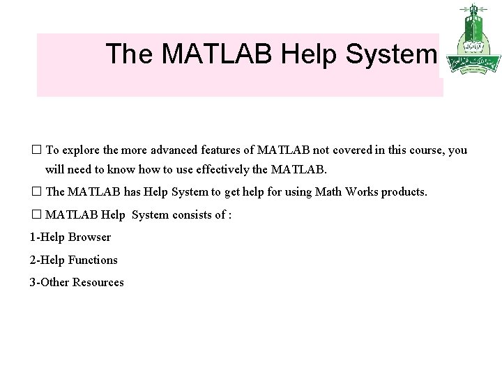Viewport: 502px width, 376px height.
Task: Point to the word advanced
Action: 165,151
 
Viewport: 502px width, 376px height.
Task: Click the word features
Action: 217,151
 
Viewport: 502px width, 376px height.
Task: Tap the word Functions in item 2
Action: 93,260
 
